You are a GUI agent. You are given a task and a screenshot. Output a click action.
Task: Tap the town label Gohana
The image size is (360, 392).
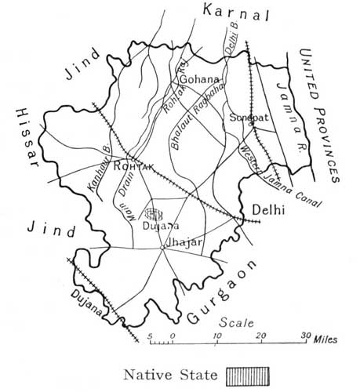(x=197, y=78)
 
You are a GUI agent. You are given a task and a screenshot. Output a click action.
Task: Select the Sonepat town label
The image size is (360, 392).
(x=245, y=118)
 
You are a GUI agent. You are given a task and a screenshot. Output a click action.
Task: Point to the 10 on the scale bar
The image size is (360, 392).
(x=217, y=336)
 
